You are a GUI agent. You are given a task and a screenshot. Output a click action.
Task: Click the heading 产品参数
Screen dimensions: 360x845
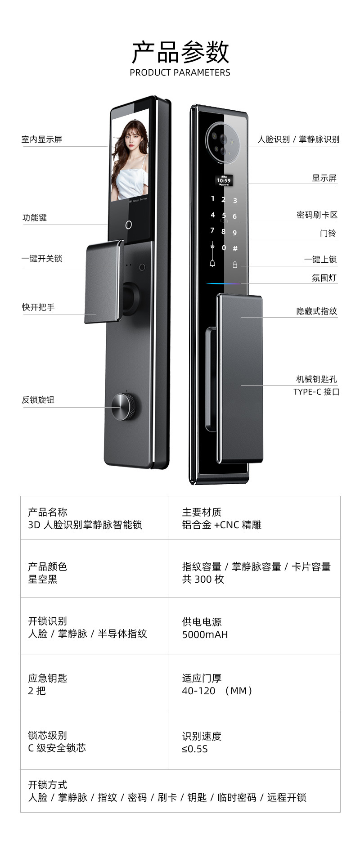tap(180, 52)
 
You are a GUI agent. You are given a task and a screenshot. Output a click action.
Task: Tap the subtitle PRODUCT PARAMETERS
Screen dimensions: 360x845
tap(180, 72)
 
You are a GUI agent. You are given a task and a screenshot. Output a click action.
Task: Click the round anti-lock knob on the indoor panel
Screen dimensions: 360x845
tap(124, 406)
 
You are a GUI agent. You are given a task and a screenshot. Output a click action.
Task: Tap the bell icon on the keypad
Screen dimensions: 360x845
tap(212, 264)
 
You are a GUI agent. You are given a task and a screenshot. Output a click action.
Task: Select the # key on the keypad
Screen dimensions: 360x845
tap(235, 248)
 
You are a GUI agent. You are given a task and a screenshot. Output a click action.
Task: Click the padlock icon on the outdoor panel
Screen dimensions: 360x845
tap(235, 265)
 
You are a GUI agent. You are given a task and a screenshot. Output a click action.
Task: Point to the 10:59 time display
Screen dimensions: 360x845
tap(224, 180)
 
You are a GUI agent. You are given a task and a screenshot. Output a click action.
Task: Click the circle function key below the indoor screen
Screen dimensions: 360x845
tap(129, 225)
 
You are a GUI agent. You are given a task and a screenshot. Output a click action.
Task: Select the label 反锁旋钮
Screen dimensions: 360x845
tap(38, 400)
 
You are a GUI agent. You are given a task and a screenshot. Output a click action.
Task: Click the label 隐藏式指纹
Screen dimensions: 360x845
tap(316, 311)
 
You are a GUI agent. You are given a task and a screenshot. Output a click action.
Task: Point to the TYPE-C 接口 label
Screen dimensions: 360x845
tap(316, 391)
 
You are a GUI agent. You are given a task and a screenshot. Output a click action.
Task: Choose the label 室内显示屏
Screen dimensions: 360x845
tap(42, 139)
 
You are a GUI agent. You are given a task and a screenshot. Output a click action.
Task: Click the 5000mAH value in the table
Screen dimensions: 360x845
tap(205, 634)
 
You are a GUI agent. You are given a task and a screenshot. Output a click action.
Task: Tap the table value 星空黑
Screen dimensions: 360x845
tap(43, 579)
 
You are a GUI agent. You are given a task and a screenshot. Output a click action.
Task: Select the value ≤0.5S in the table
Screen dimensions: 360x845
tap(194, 749)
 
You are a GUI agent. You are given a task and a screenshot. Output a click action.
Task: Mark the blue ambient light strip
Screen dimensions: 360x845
tap(224, 284)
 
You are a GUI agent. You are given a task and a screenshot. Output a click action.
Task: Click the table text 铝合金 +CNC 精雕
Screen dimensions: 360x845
tap(221, 525)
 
